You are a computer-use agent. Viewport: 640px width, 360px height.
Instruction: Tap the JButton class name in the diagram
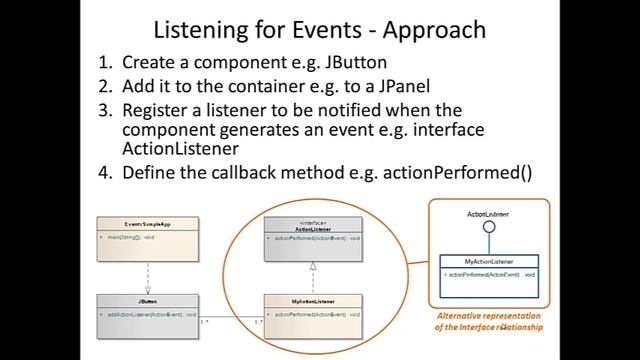coord(146,299)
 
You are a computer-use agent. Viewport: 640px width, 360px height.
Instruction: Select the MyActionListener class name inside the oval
coord(313,299)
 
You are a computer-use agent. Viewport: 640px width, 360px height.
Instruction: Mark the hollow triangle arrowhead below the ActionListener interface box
coord(313,265)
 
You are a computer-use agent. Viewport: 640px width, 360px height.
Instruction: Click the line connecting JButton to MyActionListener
coord(229,318)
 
